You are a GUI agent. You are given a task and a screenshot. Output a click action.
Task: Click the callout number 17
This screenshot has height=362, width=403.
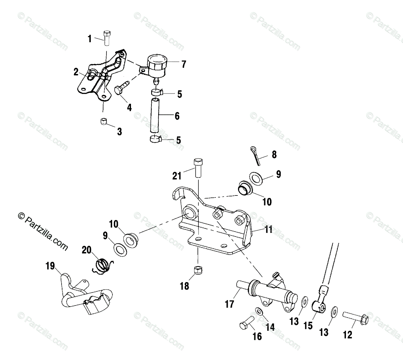230,304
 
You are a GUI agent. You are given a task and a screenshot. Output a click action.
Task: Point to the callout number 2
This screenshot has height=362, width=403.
76,71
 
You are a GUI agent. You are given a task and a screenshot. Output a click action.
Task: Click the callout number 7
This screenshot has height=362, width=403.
184,64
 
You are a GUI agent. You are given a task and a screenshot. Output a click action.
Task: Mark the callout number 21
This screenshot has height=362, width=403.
177,175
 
